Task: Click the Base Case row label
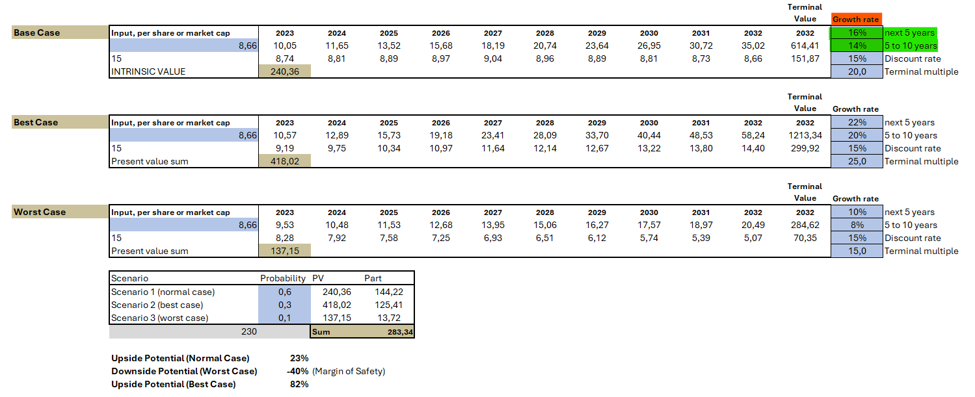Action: [x=36, y=32]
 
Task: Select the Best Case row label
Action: [x=36, y=122]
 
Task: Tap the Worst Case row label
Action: [x=40, y=212]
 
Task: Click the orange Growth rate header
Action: [x=855, y=19]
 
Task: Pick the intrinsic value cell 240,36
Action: [x=285, y=71]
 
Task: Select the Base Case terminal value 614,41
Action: [x=805, y=45]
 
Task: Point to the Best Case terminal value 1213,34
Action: [x=805, y=135]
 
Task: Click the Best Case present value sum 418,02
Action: [x=285, y=161]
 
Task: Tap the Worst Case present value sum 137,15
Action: [x=285, y=251]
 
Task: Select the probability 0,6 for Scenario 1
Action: [x=285, y=292]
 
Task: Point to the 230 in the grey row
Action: [x=249, y=331]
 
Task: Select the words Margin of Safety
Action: [x=349, y=371]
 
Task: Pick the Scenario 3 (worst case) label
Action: [x=159, y=318]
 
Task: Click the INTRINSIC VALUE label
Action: [x=148, y=71]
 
